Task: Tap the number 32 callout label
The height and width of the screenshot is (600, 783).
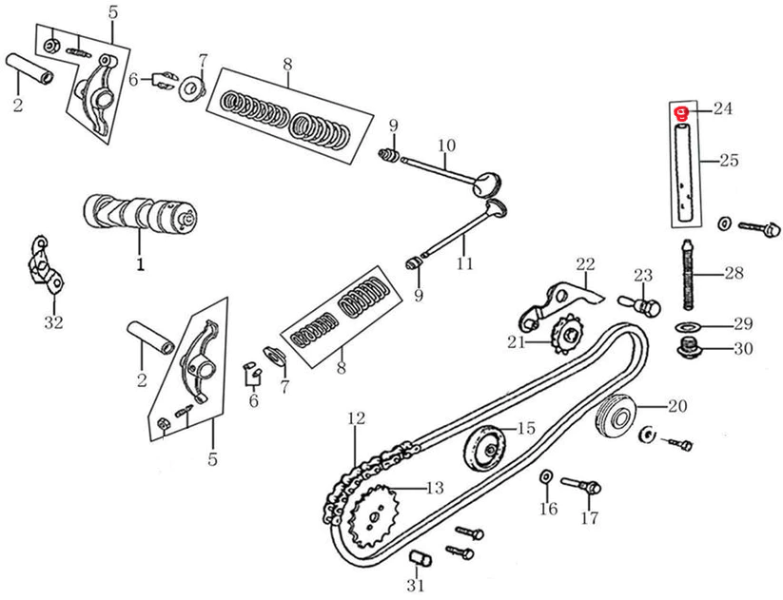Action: [x=53, y=322]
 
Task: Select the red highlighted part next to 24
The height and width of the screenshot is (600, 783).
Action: [x=682, y=113]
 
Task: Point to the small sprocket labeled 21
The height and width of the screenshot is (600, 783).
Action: [x=567, y=336]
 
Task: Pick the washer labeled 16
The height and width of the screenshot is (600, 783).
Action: [x=545, y=474]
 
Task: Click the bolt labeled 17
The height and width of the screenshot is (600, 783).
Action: [x=582, y=486]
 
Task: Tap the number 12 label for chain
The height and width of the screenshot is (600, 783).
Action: [x=355, y=417]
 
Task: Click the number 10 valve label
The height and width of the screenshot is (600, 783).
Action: [x=447, y=145]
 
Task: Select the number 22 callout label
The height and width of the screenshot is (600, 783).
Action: [x=583, y=263]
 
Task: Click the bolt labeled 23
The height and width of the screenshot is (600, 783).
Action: [x=642, y=305]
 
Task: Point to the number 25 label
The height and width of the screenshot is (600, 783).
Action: [x=729, y=161]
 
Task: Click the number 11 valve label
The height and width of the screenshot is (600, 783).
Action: [x=463, y=263]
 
